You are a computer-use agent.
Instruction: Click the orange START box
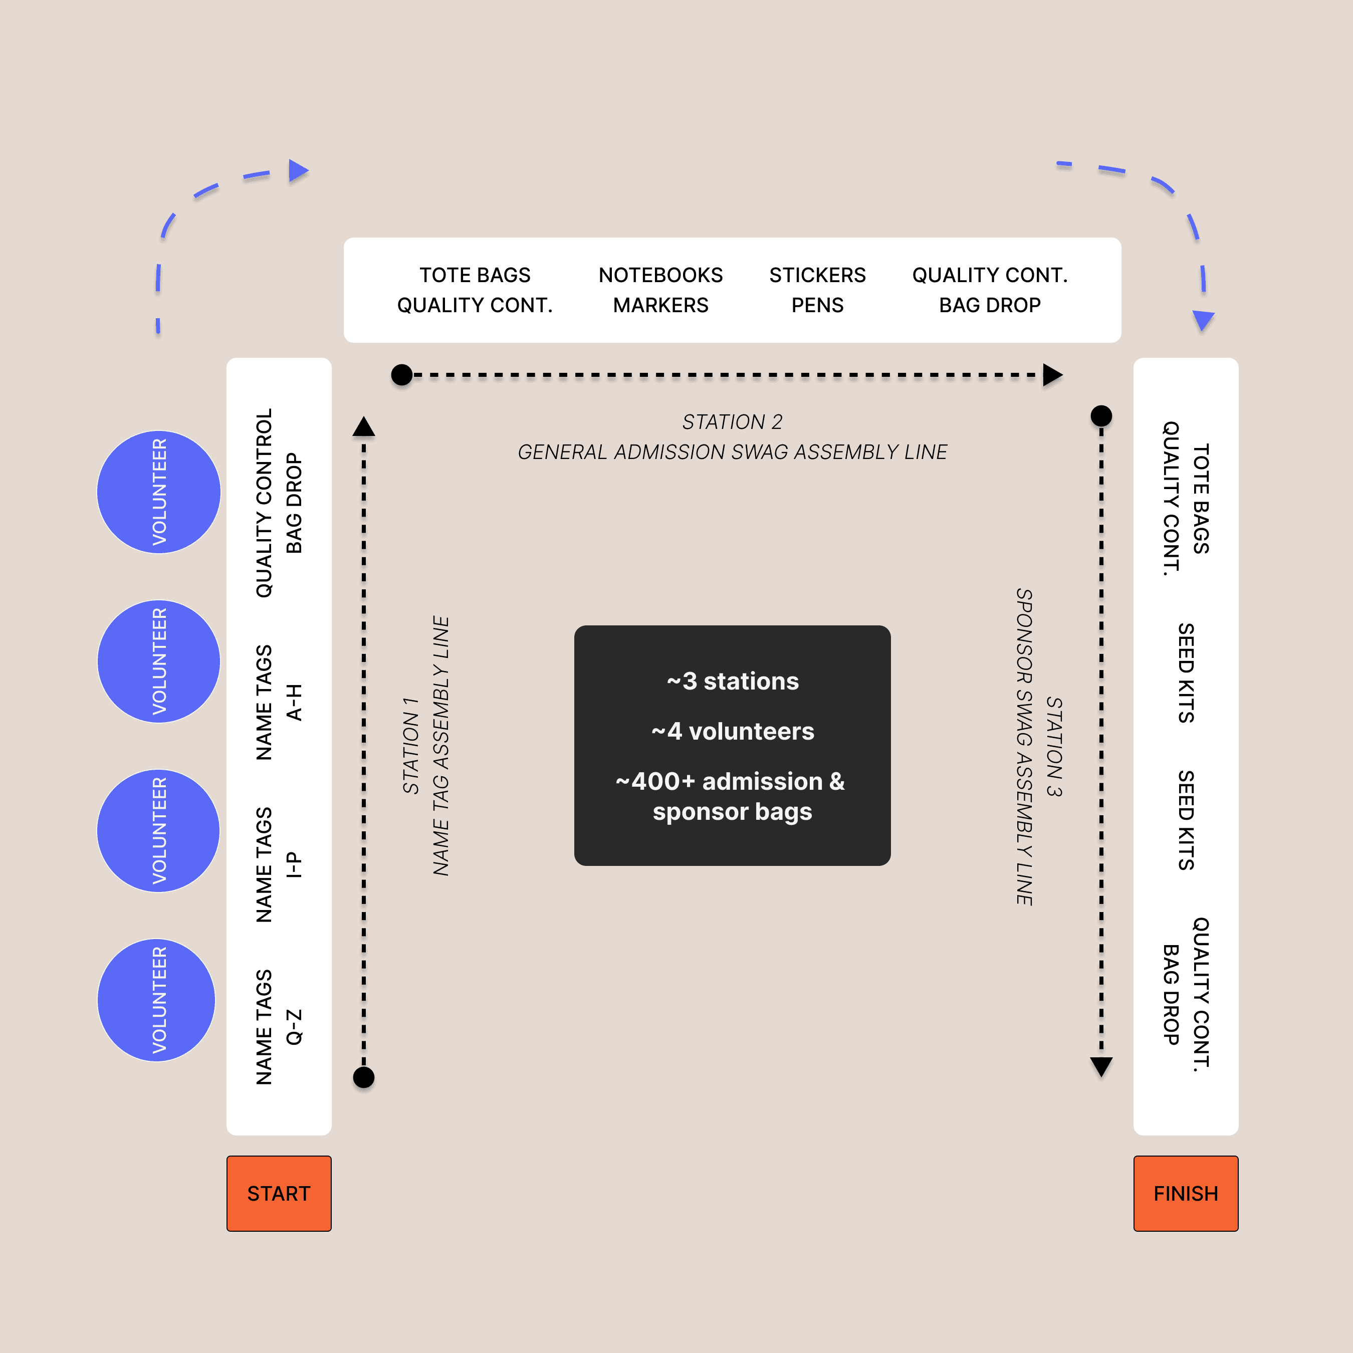[x=279, y=1193]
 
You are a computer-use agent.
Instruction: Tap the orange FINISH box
[x=1186, y=1193]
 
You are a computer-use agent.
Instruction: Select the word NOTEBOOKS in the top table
[x=660, y=275]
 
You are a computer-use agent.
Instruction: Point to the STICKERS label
[x=817, y=275]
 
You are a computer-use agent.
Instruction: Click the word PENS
[x=817, y=305]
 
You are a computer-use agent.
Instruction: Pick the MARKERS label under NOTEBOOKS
[x=660, y=305]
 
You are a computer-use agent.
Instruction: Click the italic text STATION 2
[x=732, y=421]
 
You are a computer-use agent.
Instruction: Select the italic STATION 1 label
[x=411, y=746]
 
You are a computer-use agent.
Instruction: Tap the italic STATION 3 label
[x=1054, y=747]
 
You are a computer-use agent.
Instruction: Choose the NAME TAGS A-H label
[x=279, y=703]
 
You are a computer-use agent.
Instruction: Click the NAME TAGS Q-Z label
[x=279, y=1027]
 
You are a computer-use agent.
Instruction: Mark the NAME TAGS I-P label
[x=279, y=865]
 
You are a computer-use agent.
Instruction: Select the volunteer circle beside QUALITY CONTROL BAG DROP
[x=159, y=492]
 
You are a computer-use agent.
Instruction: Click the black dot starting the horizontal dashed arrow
[x=402, y=375]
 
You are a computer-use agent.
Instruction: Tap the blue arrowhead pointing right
[x=298, y=170]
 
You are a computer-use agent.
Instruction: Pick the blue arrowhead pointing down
[x=1203, y=320]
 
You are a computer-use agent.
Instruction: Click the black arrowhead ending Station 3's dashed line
[x=1101, y=1066]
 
